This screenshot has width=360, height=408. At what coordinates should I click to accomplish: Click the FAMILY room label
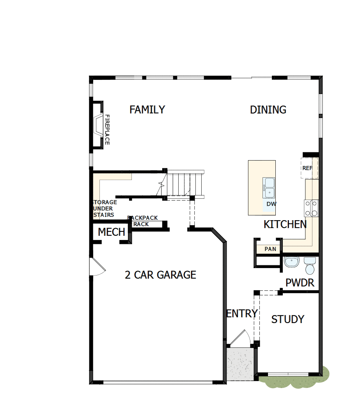(x=147, y=110)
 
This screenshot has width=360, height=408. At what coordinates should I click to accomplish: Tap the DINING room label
(x=268, y=110)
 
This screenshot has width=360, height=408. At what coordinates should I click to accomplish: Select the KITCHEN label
(x=285, y=224)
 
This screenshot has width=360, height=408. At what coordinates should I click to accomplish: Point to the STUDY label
(x=287, y=319)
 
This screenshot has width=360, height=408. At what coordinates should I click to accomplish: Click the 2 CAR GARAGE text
(x=160, y=275)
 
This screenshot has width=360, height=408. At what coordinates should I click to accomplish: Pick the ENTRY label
(x=242, y=313)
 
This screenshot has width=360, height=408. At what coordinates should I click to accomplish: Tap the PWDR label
(x=300, y=283)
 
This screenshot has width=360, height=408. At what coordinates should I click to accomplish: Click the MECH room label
(x=111, y=233)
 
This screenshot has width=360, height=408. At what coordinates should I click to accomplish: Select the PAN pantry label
(x=270, y=249)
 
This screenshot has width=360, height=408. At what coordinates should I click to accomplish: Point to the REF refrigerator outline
(x=309, y=168)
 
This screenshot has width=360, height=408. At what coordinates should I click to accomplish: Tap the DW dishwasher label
(x=271, y=204)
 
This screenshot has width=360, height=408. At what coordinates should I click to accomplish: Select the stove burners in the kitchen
(x=311, y=208)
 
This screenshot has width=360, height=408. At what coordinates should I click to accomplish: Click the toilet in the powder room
(x=310, y=266)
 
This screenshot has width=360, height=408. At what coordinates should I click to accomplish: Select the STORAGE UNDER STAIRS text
(x=104, y=208)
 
